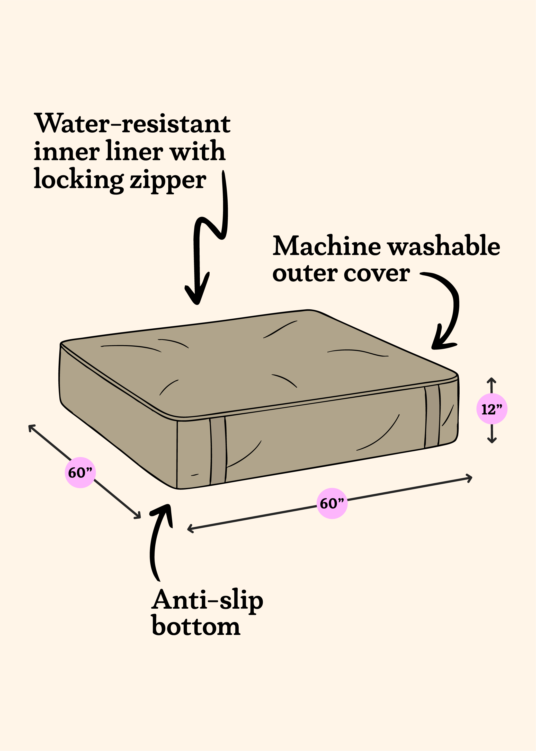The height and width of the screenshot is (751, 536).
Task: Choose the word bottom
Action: point(196,626)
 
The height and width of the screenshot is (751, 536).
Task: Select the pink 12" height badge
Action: point(492,409)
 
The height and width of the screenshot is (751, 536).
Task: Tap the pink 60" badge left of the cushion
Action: point(80,473)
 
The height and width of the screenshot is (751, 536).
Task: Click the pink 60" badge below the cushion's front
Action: point(332,503)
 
